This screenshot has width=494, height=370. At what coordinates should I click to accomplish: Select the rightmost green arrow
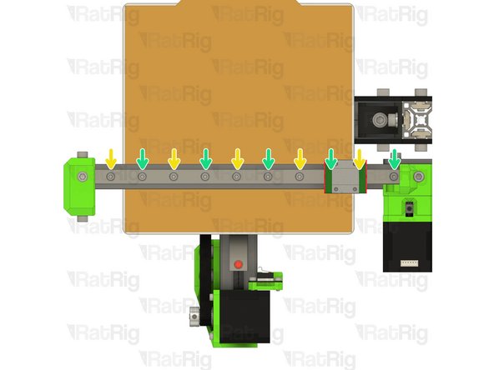394,157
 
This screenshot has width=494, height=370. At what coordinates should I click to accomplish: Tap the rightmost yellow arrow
360,157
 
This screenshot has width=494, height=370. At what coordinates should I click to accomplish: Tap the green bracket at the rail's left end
78,186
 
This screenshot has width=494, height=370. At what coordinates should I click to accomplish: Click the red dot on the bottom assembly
238,264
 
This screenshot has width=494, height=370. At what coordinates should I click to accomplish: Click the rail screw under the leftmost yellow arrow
111,177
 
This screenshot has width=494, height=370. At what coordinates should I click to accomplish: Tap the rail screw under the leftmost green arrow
143,177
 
